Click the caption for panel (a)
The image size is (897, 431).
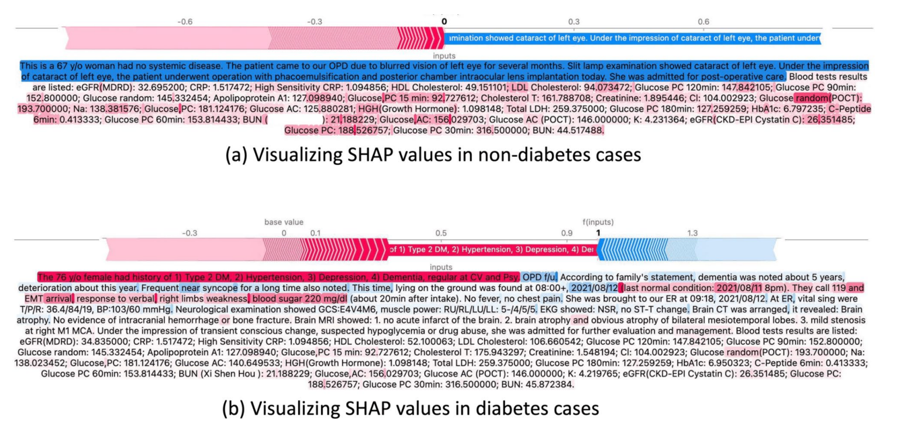433,155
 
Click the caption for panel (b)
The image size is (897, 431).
410,408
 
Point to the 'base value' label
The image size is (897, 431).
284,222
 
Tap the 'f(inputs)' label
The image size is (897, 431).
598,222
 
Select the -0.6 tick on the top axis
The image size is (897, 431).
185,22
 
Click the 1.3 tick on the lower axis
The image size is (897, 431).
692,233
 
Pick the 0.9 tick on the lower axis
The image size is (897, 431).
567,233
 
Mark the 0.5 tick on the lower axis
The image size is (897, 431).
441,233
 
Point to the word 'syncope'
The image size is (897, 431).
220,288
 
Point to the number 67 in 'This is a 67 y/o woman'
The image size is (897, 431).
62,66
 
